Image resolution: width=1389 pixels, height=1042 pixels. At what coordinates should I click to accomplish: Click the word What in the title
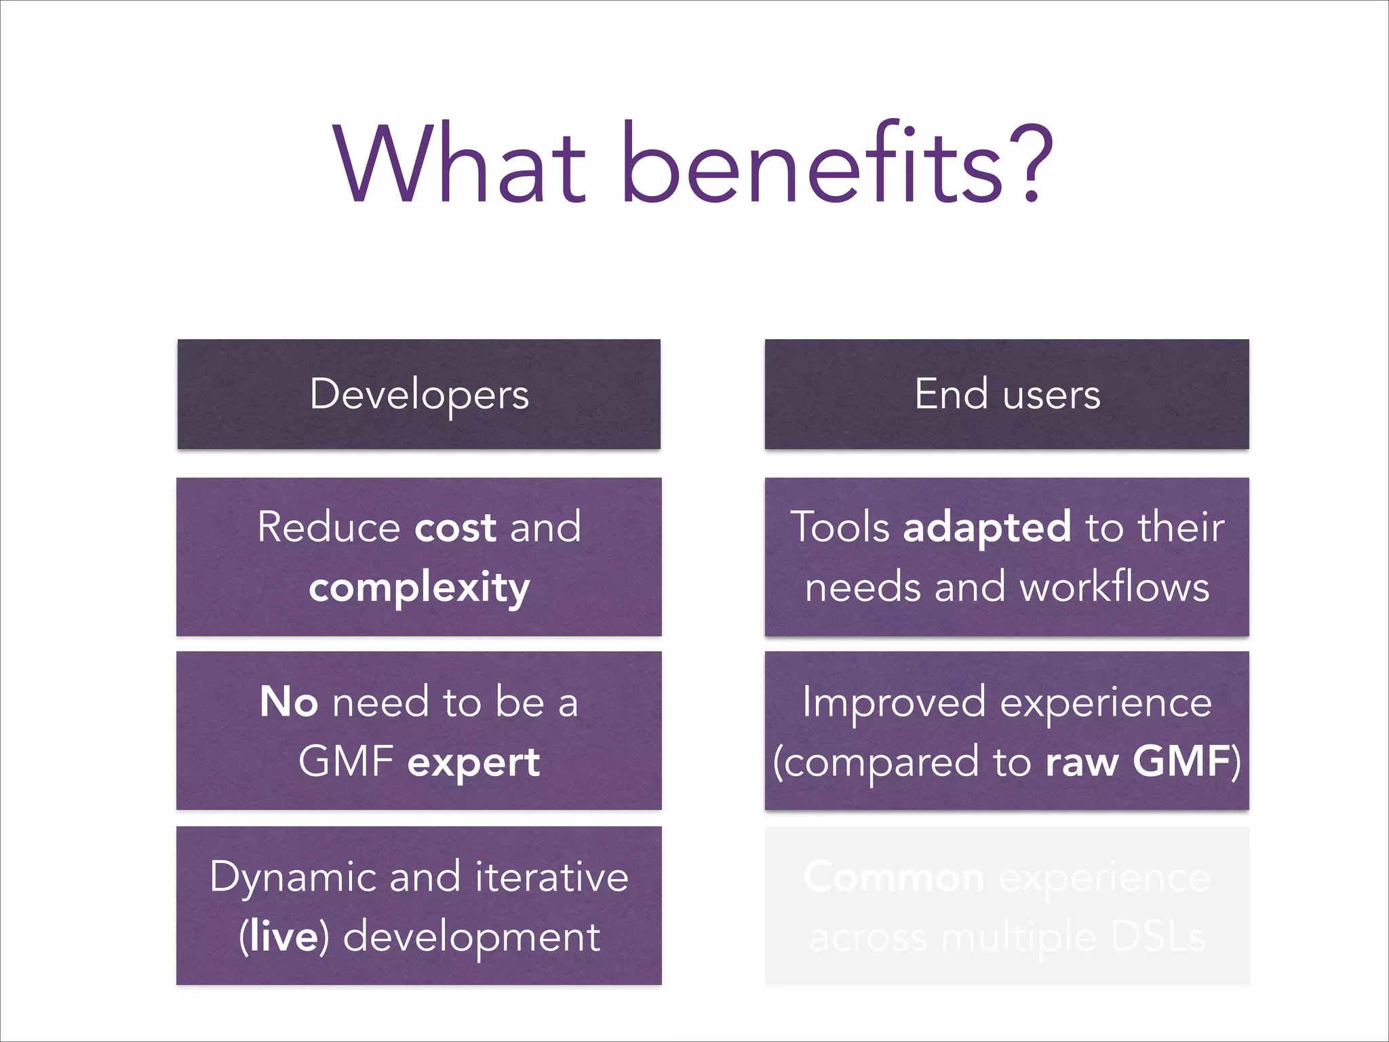coord(460,164)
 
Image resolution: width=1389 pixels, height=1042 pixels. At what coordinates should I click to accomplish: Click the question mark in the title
coord(1030,164)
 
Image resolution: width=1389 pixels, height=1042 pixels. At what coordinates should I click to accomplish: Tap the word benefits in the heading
coord(812,164)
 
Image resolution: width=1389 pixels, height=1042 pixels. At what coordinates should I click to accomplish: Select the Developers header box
coord(419,394)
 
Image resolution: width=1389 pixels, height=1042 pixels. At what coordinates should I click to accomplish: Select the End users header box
coord(1006,394)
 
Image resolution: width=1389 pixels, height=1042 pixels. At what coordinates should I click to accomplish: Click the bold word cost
coord(455,527)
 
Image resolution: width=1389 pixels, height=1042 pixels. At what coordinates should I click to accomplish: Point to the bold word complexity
coord(419,587)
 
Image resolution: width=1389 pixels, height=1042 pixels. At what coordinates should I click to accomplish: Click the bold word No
coord(288,702)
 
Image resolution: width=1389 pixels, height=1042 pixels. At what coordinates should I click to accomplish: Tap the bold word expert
coord(473,762)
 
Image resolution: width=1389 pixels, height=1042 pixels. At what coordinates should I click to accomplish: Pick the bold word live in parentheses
coord(283,937)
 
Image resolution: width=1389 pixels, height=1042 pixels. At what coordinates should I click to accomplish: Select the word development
coord(471,937)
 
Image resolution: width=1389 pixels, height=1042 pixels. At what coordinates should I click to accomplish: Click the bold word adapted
coord(987,527)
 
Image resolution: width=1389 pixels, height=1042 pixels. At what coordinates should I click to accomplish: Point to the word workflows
coord(1115,587)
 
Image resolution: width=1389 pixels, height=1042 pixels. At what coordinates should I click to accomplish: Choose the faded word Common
coord(894,877)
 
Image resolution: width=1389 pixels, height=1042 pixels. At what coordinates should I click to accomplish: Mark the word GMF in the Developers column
coord(346,762)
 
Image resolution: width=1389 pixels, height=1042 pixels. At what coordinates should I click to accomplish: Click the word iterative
coord(551,876)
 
